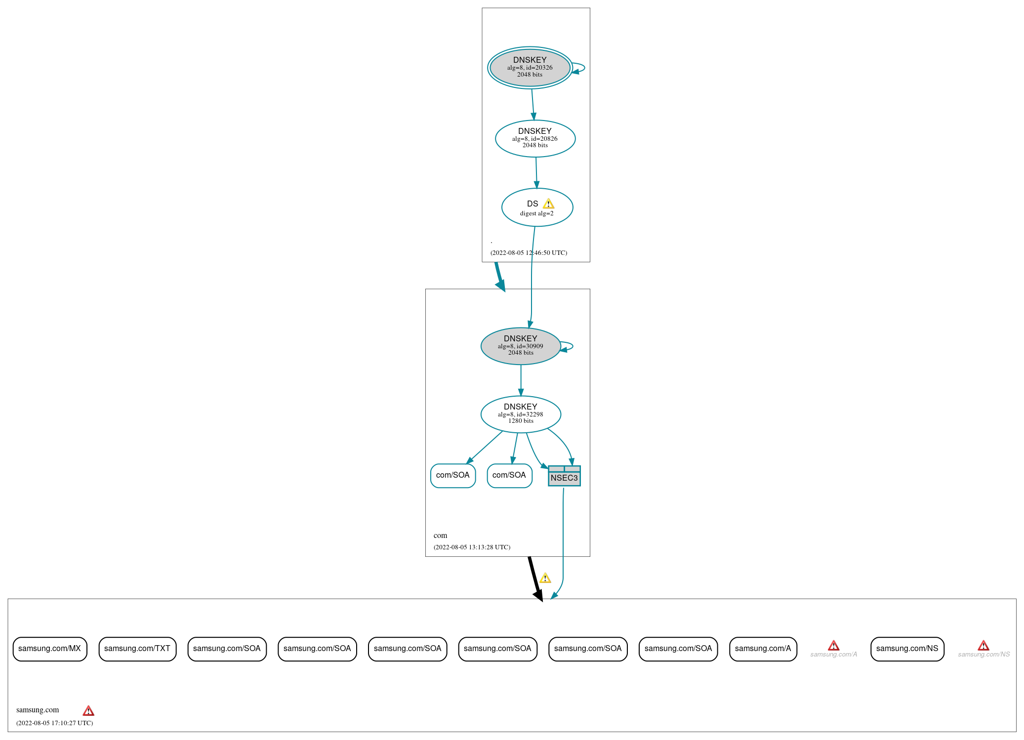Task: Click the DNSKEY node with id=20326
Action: click(530, 68)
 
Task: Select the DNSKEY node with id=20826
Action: click(535, 138)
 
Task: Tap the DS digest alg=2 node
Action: click(537, 207)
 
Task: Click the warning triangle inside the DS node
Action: click(548, 204)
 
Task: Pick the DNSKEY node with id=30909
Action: click(521, 346)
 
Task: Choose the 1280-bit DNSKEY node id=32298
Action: click(521, 414)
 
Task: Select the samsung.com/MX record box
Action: click(50, 649)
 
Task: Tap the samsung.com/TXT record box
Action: click(137, 649)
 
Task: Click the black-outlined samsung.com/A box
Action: click(763, 649)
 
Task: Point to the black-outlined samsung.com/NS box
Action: click(907, 649)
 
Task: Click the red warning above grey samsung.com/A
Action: click(833, 646)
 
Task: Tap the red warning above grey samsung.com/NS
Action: click(983, 646)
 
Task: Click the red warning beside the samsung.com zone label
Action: click(88, 711)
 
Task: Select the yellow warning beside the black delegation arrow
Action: click(545, 578)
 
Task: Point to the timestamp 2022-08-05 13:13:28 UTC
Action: click(472, 547)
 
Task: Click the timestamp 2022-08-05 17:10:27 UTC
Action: click(54, 723)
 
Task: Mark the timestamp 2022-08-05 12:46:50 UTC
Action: click(529, 252)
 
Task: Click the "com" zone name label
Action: click(440, 535)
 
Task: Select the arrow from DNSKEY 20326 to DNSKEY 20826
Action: click(533, 104)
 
